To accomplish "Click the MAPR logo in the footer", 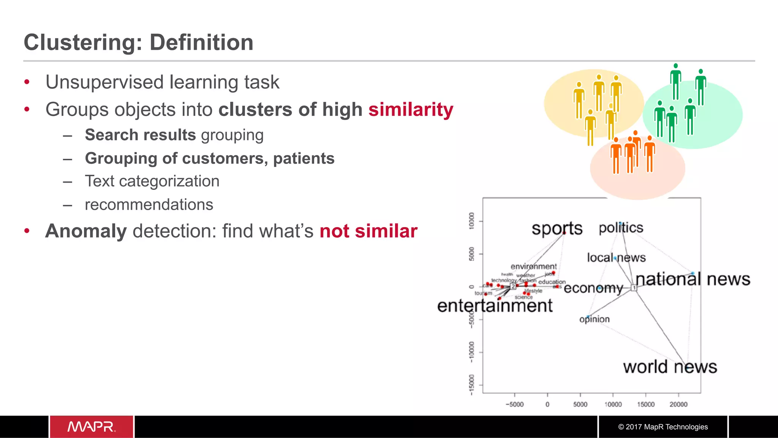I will [91, 427].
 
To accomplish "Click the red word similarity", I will [411, 110].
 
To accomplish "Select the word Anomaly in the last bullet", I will [86, 231].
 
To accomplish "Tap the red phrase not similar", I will [368, 231].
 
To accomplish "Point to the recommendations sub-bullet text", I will [149, 205].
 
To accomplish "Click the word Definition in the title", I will [201, 42].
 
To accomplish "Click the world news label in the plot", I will [670, 367].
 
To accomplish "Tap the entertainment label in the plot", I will [495, 306].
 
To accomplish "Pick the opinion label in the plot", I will [594, 319].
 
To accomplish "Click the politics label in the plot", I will [621, 228].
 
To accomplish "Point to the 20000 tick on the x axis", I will [678, 405].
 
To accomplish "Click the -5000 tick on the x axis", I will [514, 405].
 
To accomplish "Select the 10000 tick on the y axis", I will [472, 221].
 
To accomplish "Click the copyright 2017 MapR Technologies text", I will [663, 427].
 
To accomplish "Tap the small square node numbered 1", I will [634, 288].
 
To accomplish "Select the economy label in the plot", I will [593, 288].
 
